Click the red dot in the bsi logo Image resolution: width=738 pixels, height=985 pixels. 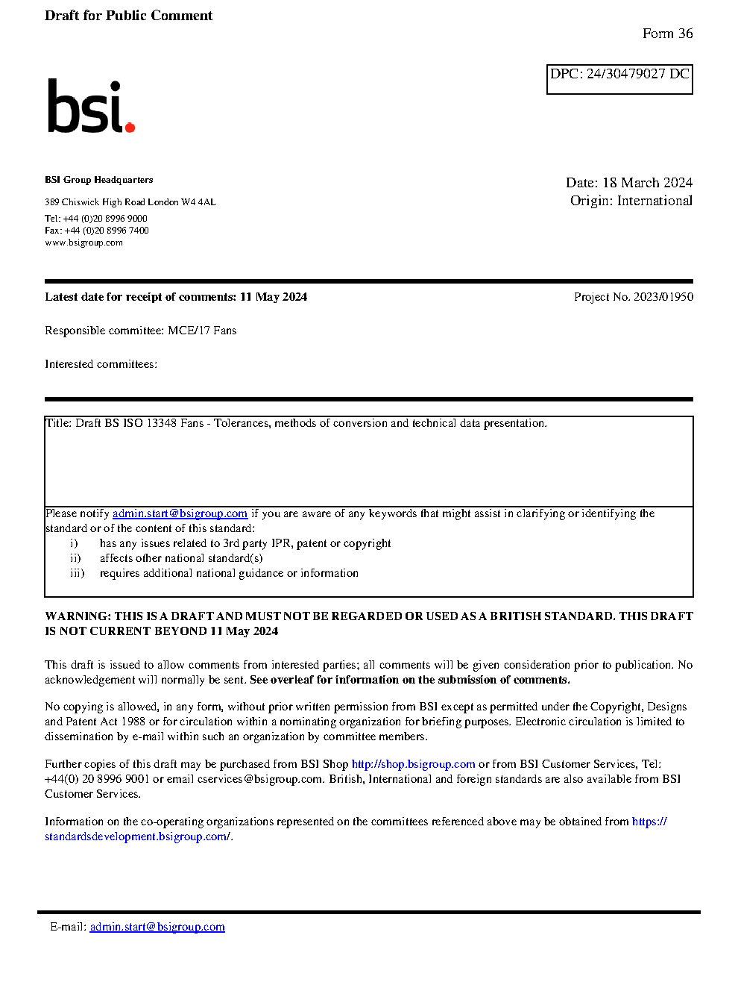click(130, 127)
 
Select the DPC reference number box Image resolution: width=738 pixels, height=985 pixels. click(619, 78)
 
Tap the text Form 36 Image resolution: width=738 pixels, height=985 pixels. click(667, 34)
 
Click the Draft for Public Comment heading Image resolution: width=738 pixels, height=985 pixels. click(128, 16)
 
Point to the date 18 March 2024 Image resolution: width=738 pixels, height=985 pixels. click(647, 183)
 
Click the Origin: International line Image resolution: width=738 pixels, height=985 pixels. click(631, 201)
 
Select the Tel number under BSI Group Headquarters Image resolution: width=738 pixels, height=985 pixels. click(96, 219)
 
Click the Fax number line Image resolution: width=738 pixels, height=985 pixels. click(97, 231)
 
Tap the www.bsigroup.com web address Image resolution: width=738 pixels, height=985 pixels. click(83, 243)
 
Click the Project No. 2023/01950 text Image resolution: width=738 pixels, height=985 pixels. click(633, 297)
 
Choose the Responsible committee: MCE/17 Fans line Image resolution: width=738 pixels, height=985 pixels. click(140, 331)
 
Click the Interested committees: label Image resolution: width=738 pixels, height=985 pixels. click(101, 364)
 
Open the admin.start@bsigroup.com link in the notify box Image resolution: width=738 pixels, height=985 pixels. click(180, 513)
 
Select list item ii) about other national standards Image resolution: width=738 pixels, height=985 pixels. click(180, 558)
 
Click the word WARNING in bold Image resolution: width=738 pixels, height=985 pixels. click(78, 616)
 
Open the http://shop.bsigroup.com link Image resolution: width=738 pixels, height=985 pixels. click(413, 764)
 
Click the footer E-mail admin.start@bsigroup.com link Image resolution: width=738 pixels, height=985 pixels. click(157, 927)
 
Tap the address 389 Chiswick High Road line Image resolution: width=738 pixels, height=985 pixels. click(130, 202)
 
